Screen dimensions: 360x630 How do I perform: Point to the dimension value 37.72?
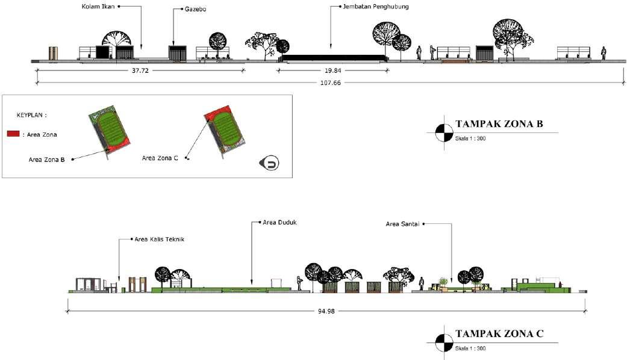coord(139,70)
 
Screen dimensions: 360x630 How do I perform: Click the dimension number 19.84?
coord(332,70)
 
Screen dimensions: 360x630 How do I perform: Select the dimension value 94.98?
coord(325,312)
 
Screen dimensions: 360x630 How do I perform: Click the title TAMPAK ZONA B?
coord(499,125)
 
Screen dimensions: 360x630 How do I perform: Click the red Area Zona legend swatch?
coord(13,134)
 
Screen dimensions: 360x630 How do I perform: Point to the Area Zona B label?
coord(47,160)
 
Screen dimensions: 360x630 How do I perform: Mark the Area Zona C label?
coord(161,158)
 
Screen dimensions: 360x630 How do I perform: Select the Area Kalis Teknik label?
coord(159,239)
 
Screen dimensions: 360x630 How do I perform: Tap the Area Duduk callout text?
coord(279,222)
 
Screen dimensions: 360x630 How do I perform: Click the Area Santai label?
coord(403,224)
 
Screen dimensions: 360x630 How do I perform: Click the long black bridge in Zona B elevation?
coord(334,58)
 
